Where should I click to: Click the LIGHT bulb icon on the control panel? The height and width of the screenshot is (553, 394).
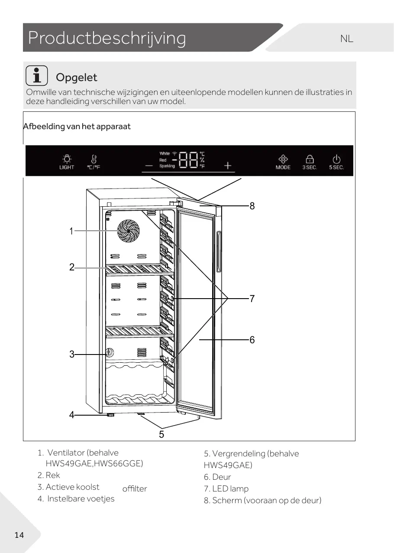tap(67, 159)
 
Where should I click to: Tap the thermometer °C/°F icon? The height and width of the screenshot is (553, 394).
tap(94, 159)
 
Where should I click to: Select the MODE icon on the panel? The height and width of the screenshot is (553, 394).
tap(283, 159)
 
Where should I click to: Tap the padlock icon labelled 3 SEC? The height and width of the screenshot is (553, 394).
tap(310, 159)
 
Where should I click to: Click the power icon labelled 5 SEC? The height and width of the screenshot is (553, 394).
tap(336, 159)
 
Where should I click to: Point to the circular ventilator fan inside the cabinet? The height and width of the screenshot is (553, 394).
tap(129, 231)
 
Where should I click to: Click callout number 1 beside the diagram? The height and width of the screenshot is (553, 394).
tap(71, 231)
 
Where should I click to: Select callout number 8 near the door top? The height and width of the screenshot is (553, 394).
tap(252, 206)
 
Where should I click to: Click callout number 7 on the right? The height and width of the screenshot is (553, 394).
tap(252, 299)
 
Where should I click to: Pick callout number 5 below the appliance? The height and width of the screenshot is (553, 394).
tap(161, 434)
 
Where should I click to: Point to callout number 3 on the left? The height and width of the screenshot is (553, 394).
tap(72, 355)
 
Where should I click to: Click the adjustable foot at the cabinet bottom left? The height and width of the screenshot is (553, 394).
tap(111, 415)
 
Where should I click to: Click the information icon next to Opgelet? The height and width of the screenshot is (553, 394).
tap(37, 76)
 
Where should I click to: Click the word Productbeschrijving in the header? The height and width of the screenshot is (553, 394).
tap(107, 38)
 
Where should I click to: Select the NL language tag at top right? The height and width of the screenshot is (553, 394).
tap(346, 39)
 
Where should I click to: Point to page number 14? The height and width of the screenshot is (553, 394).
tap(19, 535)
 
